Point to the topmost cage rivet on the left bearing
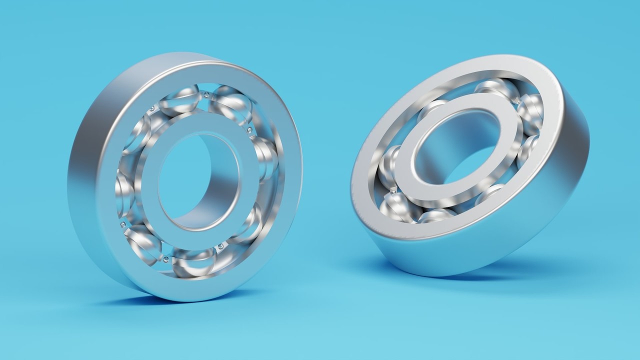(x=205, y=93)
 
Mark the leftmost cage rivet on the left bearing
(x=122, y=224)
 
